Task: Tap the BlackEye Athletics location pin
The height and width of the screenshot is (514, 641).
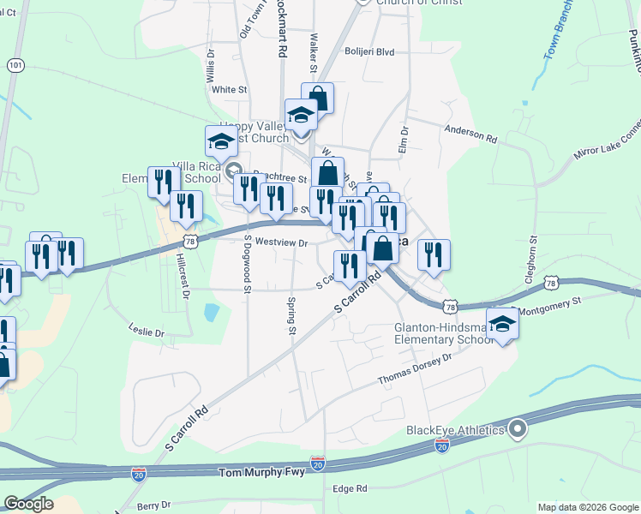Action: point(516,429)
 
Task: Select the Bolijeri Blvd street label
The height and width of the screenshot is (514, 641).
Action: point(368,52)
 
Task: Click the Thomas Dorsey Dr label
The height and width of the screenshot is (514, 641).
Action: point(415,370)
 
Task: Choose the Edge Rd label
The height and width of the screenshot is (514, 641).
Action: point(350,488)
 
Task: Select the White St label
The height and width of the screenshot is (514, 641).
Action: point(229,89)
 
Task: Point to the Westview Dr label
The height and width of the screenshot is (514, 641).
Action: point(281,243)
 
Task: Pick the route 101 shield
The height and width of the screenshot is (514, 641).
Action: point(15,65)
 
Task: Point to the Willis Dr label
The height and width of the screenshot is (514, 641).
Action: point(211,66)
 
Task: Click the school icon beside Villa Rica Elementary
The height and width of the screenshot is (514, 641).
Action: point(221,142)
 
